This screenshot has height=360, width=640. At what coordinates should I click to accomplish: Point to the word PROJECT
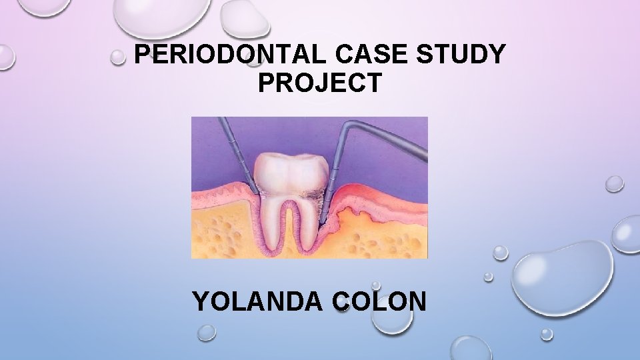(320, 83)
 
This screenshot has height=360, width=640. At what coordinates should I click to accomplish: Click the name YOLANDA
(260, 301)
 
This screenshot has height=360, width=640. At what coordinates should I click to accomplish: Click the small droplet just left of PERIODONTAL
(118, 58)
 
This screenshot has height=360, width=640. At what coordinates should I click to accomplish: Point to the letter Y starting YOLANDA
(201, 301)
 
